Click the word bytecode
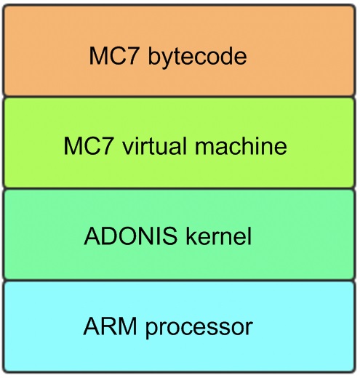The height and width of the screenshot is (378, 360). click(x=197, y=57)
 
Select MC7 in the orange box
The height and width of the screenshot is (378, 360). click(x=115, y=56)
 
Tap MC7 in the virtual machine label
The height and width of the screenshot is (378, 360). click(x=89, y=145)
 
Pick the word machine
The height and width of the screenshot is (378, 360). click(x=241, y=145)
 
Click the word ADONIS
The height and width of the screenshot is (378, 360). click(x=131, y=236)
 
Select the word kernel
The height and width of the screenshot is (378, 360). click(x=218, y=236)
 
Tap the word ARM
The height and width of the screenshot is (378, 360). click(x=110, y=326)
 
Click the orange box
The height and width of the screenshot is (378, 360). click(x=180, y=50)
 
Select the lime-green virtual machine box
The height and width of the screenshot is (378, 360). click(x=180, y=142)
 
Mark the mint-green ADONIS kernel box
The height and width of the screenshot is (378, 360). click(x=180, y=234)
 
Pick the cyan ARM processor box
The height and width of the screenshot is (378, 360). click(x=180, y=326)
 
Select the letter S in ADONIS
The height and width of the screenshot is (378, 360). click(x=170, y=236)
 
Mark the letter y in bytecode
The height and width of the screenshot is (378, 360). click(x=169, y=60)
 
